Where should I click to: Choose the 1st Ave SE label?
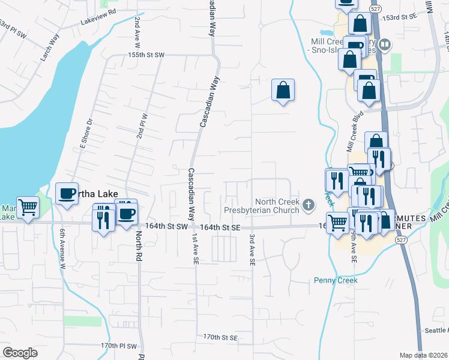click(194, 249)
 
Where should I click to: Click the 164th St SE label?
click(220, 228)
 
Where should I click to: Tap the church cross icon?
click(309, 206)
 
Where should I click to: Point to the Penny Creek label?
click(336, 280)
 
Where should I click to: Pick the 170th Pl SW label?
click(119, 346)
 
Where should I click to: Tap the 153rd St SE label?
click(402, 18)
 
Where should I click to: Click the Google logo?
click(20, 353)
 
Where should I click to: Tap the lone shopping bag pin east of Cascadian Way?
click(283, 91)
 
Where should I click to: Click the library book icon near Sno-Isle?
click(385, 44)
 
